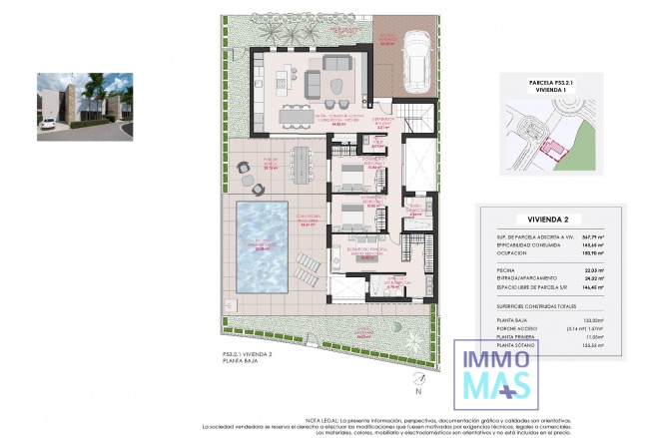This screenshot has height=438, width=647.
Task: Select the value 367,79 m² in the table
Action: point(598,235)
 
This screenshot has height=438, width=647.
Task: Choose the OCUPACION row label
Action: point(511,252)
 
